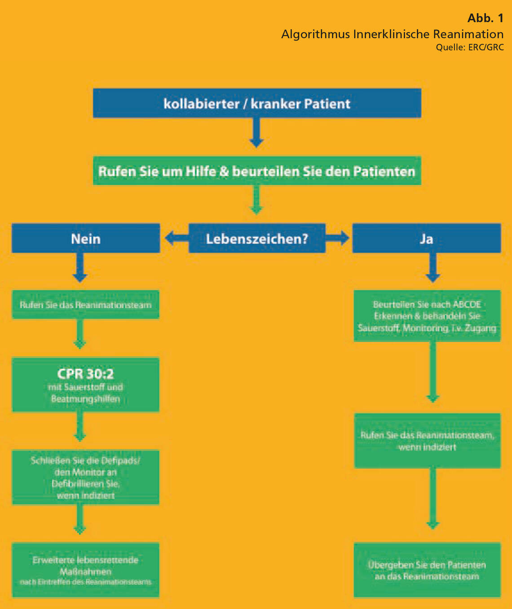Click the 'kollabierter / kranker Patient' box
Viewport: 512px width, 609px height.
[x=257, y=103]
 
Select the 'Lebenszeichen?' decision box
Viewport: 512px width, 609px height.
[x=257, y=238]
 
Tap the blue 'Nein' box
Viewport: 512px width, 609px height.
[x=86, y=238]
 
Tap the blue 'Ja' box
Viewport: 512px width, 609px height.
[x=426, y=238]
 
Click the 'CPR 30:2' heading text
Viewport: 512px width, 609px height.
[x=85, y=373]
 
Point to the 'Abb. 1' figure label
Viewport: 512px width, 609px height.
[x=485, y=18]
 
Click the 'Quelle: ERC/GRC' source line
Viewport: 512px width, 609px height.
[x=469, y=47]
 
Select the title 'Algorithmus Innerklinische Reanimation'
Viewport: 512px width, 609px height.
[x=392, y=34]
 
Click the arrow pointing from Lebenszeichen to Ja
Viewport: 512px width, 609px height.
[x=338, y=238]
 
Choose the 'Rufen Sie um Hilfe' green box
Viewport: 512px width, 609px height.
[x=257, y=171]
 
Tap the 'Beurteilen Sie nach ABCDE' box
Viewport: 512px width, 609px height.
[x=427, y=316]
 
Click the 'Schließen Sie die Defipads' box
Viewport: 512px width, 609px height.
[x=85, y=478]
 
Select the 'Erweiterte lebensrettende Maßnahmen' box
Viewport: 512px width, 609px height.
[x=85, y=570]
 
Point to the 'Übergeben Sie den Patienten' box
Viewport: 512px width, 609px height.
[x=427, y=570]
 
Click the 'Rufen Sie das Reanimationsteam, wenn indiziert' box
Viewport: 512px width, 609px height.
[x=427, y=441]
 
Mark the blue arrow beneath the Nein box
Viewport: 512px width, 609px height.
[x=80, y=268]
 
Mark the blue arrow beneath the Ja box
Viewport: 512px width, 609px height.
[x=433, y=268]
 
